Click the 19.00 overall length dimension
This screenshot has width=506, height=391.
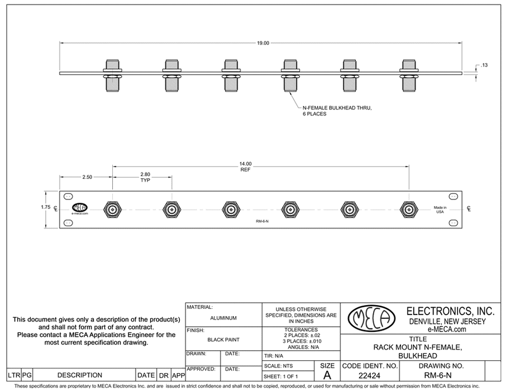[263, 43]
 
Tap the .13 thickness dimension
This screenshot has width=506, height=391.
[484, 65]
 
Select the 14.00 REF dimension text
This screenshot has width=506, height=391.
[246, 166]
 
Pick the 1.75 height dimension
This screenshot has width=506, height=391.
[46, 207]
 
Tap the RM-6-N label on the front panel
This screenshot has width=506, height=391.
[262, 222]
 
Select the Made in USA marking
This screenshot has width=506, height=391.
[440, 210]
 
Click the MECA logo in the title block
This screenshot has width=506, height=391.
[369, 319]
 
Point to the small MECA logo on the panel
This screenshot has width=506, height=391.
[80, 208]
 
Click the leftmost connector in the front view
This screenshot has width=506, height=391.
[113, 210]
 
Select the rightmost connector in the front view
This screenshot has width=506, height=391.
[409, 210]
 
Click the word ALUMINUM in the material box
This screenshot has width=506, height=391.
[223, 318]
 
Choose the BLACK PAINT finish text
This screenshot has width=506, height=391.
[223, 339]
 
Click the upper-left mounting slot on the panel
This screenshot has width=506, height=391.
[68, 196]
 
